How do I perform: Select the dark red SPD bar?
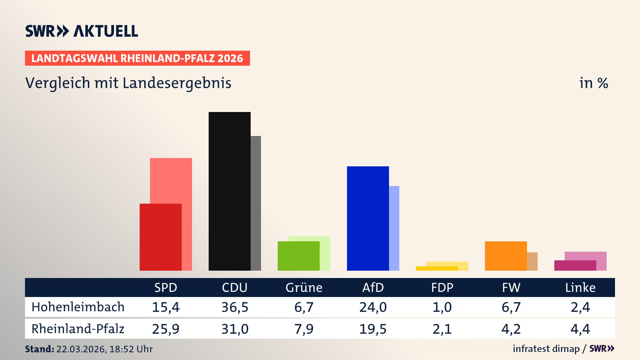[x=160, y=237]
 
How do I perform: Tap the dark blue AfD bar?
[x=368, y=218]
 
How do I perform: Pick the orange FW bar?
[x=506, y=256]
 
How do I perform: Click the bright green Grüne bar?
[x=298, y=256]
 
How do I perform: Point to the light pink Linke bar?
[x=585, y=256]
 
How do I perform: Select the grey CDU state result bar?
[x=256, y=203]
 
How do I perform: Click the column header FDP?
[x=442, y=288]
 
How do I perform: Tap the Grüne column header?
[x=304, y=288]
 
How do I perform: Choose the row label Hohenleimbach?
[x=78, y=307]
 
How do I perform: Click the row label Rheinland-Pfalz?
[x=78, y=329]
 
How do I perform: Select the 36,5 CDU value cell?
[x=235, y=307]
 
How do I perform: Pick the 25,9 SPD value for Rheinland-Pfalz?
[x=166, y=329]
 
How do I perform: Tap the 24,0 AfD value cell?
[x=373, y=307]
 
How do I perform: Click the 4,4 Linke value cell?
[x=580, y=329]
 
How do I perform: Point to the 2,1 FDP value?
[x=442, y=329]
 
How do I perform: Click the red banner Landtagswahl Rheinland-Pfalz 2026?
[x=137, y=58]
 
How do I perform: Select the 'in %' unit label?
[x=593, y=83]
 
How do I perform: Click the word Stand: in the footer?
[x=39, y=349]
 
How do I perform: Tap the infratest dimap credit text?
[x=546, y=349]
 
